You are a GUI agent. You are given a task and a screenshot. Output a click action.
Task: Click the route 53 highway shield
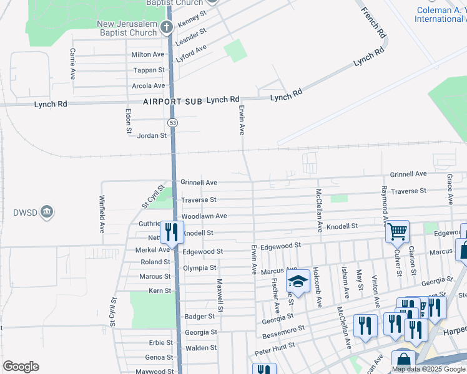[173, 123]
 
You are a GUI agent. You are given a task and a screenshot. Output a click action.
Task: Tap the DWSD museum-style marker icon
[47, 213]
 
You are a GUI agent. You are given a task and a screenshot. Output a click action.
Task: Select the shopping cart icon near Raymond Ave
[396, 232]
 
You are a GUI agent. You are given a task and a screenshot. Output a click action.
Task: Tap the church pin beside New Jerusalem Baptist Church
[166, 27]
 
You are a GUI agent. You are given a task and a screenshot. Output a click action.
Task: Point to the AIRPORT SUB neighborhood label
[172, 101]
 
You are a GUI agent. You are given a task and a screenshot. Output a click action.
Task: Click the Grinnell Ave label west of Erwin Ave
[199, 183]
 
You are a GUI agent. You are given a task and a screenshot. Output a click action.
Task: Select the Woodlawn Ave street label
[204, 216]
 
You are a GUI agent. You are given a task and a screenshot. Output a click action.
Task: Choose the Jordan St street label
[152, 135]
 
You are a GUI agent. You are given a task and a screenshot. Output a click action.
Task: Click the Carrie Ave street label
[73, 64]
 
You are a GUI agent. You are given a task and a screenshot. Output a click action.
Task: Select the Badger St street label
[200, 317]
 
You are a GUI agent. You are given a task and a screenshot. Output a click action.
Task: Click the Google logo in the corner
[21, 367]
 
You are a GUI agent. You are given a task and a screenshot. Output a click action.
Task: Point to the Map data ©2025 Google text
[428, 369]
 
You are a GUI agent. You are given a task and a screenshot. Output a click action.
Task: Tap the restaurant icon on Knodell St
[171, 232]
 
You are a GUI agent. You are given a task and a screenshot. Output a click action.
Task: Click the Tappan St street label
[148, 70]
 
